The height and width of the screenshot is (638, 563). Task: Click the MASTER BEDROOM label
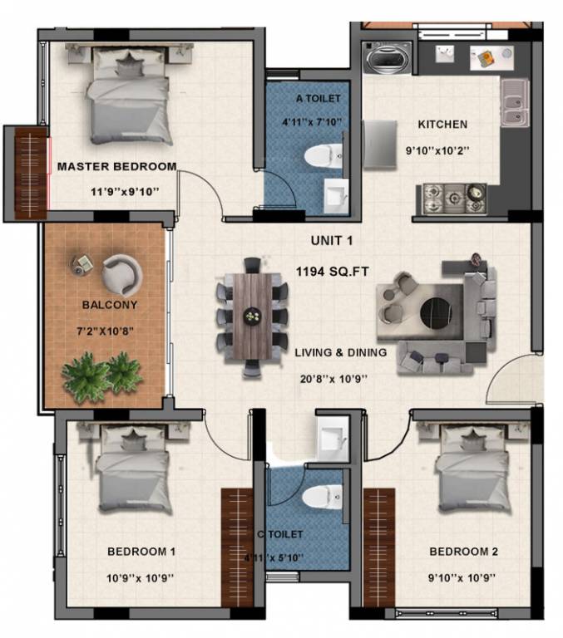[x=116, y=166]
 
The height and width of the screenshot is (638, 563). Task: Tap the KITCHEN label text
[x=442, y=125]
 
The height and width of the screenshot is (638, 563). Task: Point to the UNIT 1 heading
[x=331, y=241]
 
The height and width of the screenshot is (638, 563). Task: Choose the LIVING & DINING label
[x=341, y=352]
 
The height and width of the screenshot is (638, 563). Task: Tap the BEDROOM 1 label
[x=141, y=551]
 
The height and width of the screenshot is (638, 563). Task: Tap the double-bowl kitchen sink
[x=515, y=105]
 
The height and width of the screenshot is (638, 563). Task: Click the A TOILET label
[x=319, y=99]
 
